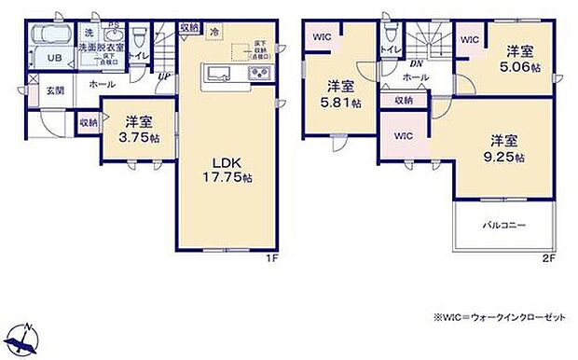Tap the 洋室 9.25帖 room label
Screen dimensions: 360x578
pyautogui.click(x=505, y=149)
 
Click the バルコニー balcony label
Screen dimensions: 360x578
pyautogui.click(x=503, y=226)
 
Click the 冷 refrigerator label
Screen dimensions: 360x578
pyautogui.click(x=215, y=31)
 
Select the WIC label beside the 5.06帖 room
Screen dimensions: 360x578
pyautogui.click(x=471, y=39)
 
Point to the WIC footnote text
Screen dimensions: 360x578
pyautogui.click(x=498, y=318)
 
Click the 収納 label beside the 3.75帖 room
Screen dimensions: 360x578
pyautogui.click(x=89, y=121)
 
